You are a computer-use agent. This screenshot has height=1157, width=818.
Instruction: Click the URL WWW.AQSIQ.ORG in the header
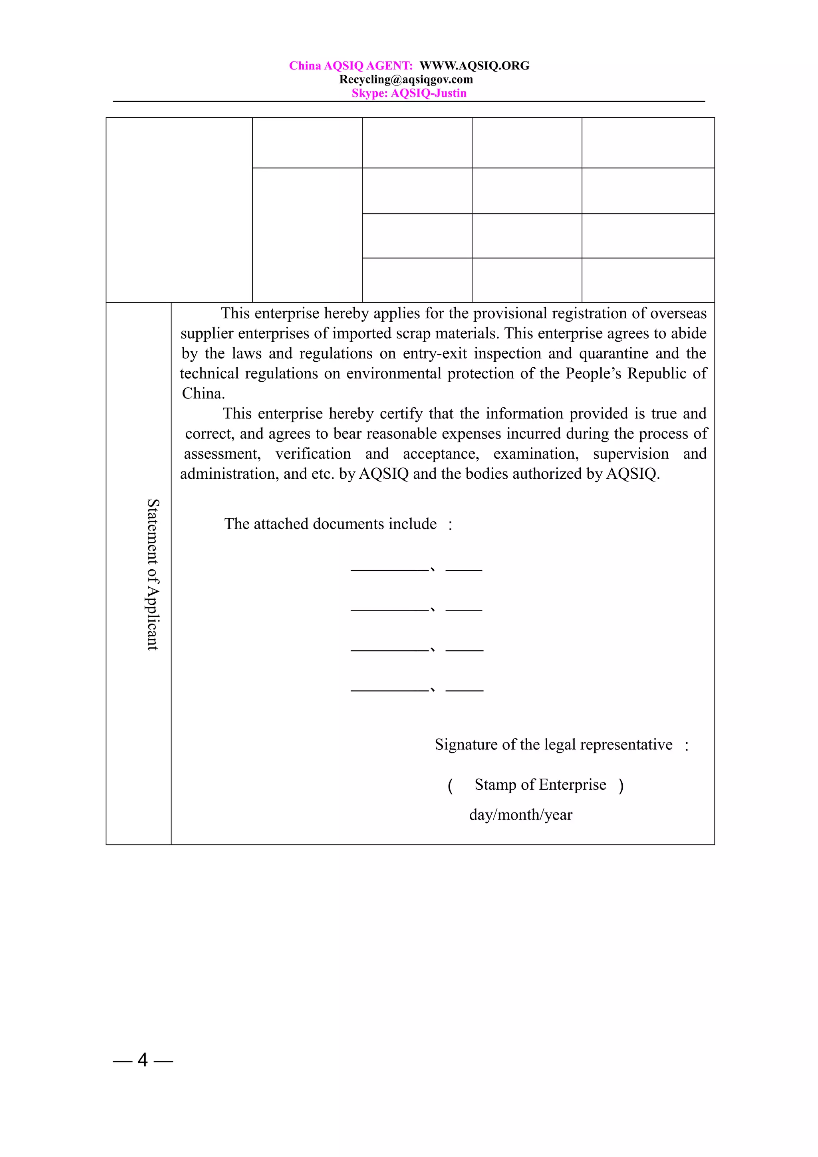point(474,65)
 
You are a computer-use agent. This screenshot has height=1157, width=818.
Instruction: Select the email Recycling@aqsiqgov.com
point(406,79)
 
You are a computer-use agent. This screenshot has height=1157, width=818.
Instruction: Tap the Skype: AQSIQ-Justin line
point(409,93)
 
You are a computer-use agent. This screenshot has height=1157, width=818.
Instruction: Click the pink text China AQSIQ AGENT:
point(351,65)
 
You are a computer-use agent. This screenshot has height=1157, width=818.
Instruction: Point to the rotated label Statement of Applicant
point(153,575)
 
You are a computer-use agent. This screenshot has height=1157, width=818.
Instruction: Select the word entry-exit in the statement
point(435,353)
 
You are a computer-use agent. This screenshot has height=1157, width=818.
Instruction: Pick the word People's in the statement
point(593,373)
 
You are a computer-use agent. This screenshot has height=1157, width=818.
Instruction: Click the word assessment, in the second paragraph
point(222,454)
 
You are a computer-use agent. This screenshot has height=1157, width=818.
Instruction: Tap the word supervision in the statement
point(631,454)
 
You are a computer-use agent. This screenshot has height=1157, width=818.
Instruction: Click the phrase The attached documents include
point(330,524)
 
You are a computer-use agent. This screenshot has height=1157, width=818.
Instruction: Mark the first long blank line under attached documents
point(389,571)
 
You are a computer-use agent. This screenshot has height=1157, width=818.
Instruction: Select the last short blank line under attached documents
point(464,690)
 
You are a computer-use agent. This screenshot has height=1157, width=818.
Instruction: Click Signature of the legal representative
point(554,745)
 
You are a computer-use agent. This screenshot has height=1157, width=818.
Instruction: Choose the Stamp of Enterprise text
point(540,785)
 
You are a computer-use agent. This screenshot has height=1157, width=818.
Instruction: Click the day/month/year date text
point(521,815)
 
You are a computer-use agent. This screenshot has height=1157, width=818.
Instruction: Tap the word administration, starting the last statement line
point(229,474)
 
